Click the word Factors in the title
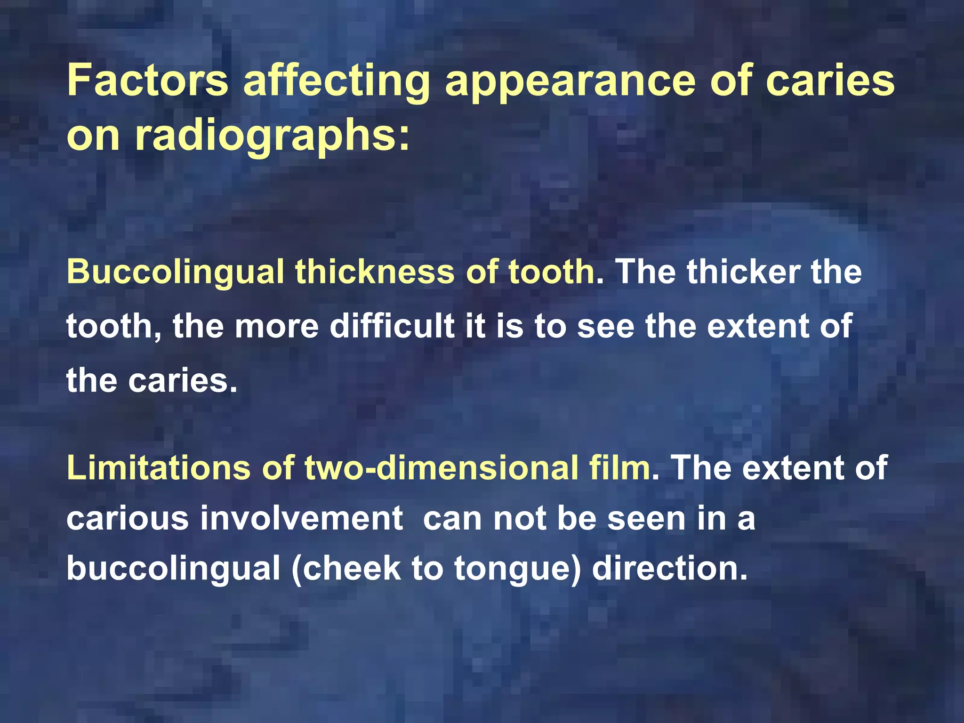tap(147, 81)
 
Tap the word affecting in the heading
tap(336, 81)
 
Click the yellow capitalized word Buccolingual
tap(175, 273)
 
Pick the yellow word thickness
tap(375, 273)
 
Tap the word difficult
tap(392, 326)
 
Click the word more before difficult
tap(277, 327)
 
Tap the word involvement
tap(301, 519)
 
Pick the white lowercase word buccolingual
tap(173, 569)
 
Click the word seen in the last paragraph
tap(646, 519)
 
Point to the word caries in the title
tap(830, 81)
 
